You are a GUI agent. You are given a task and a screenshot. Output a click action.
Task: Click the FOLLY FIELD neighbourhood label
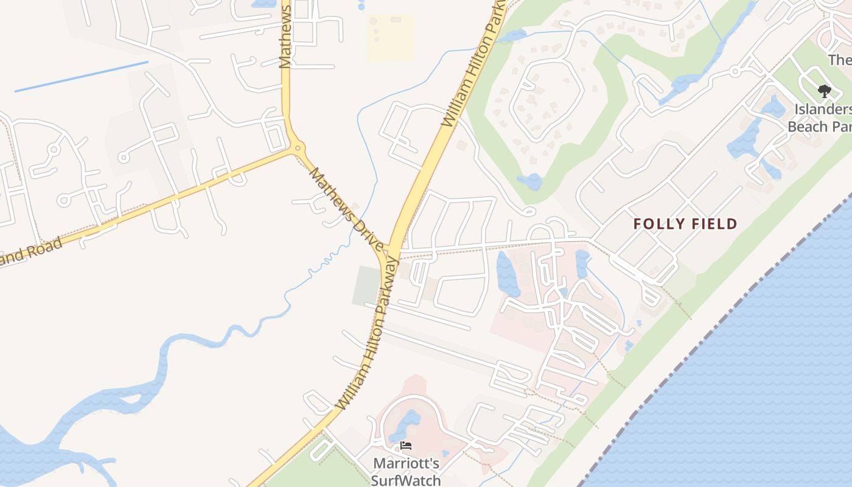[685, 224]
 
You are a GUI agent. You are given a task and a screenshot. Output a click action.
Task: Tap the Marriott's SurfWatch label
[406, 472]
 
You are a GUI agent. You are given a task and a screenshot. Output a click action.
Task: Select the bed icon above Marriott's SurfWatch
[406, 446]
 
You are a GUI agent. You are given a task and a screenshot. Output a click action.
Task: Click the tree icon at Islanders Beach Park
[825, 92]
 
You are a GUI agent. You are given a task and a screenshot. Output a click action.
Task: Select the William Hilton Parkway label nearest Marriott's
[366, 334]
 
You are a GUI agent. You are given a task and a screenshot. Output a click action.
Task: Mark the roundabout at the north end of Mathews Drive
[297, 148]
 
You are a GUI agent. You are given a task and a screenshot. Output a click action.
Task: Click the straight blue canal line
[81, 77]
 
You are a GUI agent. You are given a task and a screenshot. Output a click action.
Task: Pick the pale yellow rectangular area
[390, 38]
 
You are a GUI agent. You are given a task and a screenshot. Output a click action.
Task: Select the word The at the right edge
[840, 60]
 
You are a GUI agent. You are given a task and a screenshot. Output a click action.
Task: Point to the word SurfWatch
[406, 480]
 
